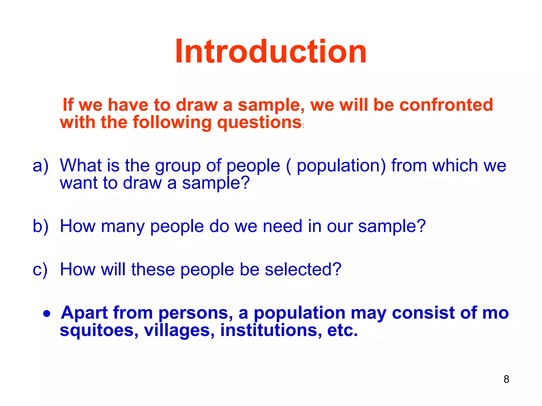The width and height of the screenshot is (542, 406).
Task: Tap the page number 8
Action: (x=506, y=379)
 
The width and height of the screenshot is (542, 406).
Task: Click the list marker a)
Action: (x=40, y=166)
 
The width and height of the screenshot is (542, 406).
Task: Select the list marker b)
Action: (x=40, y=226)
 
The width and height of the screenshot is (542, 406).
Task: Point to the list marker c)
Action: (x=40, y=270)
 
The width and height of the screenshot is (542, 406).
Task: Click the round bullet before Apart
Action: (x=47, y=314)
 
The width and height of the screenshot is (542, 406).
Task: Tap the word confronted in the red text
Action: (x=446, y=105)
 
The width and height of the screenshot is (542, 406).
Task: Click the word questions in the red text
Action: (x=259, y=123)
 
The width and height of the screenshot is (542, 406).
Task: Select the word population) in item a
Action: (x=341, y=166)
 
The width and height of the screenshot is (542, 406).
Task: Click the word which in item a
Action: (x=455, y=166)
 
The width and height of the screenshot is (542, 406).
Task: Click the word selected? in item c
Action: (x=303, y=270)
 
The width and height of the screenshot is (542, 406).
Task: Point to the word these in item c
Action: (x=153, y=270)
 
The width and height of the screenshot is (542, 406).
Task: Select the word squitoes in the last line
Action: (x=99, y=330)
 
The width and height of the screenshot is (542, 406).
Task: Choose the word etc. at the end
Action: (x=342, y=330)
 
